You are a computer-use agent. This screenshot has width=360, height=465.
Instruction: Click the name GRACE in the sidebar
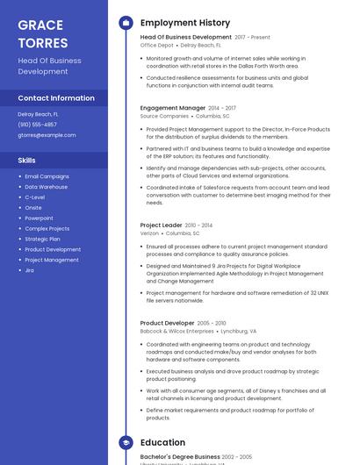coord(40,24)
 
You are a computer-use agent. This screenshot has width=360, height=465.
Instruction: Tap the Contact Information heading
coord(56,98)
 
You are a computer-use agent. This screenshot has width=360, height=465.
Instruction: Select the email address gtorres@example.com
coord(47,135)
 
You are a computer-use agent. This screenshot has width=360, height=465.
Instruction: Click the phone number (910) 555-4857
coord(37,125)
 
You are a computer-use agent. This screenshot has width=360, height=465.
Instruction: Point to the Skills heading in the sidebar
coord(26,161)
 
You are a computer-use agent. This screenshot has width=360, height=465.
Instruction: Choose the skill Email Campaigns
coord(47,176)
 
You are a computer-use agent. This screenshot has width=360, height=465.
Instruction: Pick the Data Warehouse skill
coord(46,187)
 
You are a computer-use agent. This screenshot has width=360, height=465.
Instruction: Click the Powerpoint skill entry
coord(39,218)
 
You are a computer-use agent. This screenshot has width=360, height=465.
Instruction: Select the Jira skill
coord(29,270)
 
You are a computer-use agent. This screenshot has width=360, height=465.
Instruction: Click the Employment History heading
coord(185,23)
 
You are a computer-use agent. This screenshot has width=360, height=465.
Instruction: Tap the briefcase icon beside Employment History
coord(126,23)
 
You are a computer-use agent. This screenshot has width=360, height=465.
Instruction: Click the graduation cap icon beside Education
coord(126,443)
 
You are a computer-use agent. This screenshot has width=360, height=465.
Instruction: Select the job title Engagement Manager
coord(172,108)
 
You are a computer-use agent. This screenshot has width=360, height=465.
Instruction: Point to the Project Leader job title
coord(161,225)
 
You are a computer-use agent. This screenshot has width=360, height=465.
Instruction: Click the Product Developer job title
coord(168,323)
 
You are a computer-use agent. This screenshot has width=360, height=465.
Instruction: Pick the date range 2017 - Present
coord(253,38)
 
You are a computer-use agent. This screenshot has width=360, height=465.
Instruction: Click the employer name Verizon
coord(149,234)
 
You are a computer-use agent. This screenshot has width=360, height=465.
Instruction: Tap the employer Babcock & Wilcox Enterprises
coord(176,332)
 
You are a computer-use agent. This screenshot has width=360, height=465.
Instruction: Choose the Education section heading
coord(162,443)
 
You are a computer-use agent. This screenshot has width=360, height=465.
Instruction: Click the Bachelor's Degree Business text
coord(180,457)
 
